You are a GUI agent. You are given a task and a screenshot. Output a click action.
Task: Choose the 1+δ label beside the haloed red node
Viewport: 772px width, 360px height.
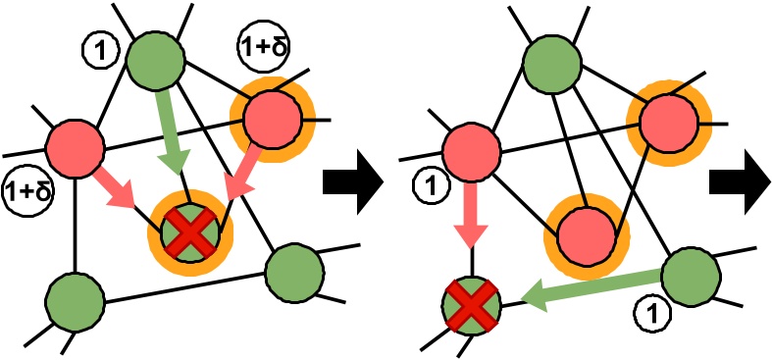[x=261, y=45]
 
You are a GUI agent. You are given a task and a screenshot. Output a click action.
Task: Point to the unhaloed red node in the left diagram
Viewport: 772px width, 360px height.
[x=77, y=147]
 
